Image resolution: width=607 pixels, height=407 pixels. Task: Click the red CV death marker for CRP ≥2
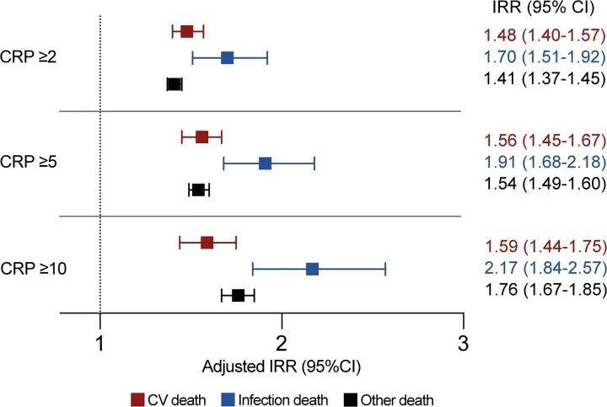(x=186, y=31)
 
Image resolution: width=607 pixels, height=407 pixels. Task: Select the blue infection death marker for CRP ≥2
(x=227, y=57)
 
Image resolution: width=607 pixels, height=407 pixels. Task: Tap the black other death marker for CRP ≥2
(x=175, y=83)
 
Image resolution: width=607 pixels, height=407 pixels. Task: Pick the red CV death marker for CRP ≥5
(x=201, y=137)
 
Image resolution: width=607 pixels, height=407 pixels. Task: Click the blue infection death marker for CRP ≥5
(x=265, y=163)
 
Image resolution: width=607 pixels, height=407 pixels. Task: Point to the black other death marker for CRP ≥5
(x=198, y=190)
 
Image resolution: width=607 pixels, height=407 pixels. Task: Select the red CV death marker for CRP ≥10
(x=207, y=243)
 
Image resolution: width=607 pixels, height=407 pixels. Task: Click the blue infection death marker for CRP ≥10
(x=312, y=269)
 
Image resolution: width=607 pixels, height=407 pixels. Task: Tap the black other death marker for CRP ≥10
(x=238, y=295)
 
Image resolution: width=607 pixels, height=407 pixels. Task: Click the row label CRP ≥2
(x=29, y=57)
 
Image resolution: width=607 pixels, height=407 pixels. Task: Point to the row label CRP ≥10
(x=32, y=269)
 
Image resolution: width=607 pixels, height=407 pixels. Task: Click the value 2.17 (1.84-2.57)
(x=545, y=268)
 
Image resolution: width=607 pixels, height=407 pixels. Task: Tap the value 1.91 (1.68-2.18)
(x=545, y=163)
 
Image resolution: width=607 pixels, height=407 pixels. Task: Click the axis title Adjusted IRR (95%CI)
(x=282, y=367)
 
